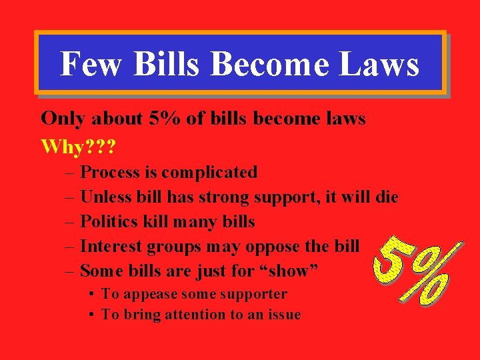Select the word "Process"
(x=111, y=172)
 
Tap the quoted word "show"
(x=288, y=271)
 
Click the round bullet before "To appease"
(x=90, y=294)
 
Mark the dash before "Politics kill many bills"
(x=70, y=221)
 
